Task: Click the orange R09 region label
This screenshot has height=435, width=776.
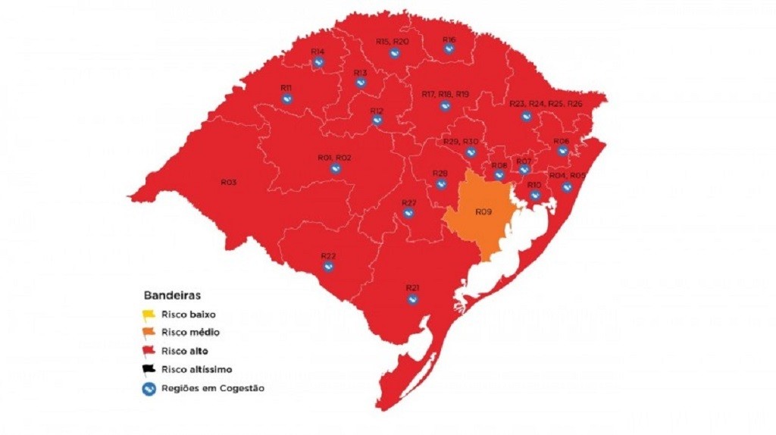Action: [x=483, y=211]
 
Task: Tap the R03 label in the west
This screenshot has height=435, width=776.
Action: [x=229, y=182]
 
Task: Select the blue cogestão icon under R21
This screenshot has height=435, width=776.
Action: [x=413, y=299]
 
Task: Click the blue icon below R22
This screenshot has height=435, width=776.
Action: [x=328, y=266]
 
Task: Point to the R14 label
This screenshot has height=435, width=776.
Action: [x=318, y=52]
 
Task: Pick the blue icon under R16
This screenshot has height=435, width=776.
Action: [x=449, y=50]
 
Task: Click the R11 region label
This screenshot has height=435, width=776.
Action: [x=286, y=88]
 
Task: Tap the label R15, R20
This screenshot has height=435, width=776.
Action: [x=393, y=41]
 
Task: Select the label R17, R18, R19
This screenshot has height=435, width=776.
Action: [x=445, y=94]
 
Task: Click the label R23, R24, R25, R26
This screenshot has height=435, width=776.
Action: [x=546, y=104]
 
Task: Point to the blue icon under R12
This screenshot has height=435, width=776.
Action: [x=377, y=121]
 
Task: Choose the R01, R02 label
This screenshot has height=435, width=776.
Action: [x=334, y=158]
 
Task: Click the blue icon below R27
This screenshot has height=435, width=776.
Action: [x=408, y=214]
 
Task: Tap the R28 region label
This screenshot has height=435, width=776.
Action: [x=440, y=174]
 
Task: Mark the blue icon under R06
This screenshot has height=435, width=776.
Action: [x=562, y=151]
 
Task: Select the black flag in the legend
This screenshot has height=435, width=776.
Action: [x=148, y=370]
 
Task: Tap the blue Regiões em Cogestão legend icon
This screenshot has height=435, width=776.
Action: [x=149, y=388]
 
